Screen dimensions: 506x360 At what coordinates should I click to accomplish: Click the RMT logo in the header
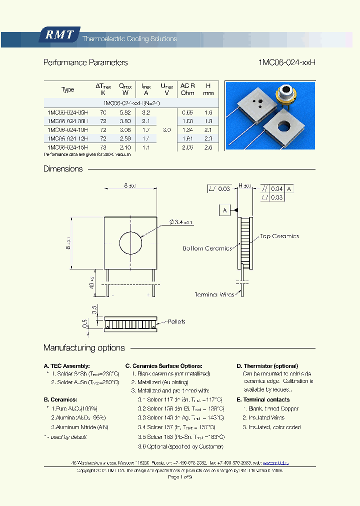click(59, 34)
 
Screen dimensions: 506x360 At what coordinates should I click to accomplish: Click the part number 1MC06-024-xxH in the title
click(287, 62)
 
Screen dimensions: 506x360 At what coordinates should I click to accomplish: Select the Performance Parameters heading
click(85, 62)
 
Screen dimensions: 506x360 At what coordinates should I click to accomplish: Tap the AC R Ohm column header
click(187, 89)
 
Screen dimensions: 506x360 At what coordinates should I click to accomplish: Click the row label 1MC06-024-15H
click(67, 147)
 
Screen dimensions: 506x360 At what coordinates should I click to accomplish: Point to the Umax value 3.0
click(166, 130)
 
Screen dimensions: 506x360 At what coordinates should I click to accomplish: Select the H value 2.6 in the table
click(208, 147)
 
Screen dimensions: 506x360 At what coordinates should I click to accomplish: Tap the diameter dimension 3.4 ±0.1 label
click(181, 222)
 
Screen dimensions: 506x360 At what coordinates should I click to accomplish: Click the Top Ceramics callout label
click(279, 236)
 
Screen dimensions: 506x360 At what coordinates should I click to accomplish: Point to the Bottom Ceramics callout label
click(207, 248)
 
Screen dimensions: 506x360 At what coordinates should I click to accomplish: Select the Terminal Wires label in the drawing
click(214, 295)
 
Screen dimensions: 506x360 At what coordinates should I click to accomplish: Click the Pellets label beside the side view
click(176, 321)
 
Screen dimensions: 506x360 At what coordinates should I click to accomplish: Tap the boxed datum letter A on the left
click(224, 210)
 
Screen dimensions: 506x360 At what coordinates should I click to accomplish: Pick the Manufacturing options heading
click(84, 348)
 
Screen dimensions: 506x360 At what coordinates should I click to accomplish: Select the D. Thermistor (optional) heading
click(267, 366)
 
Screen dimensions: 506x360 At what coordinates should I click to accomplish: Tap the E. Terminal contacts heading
click(263, 399)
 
